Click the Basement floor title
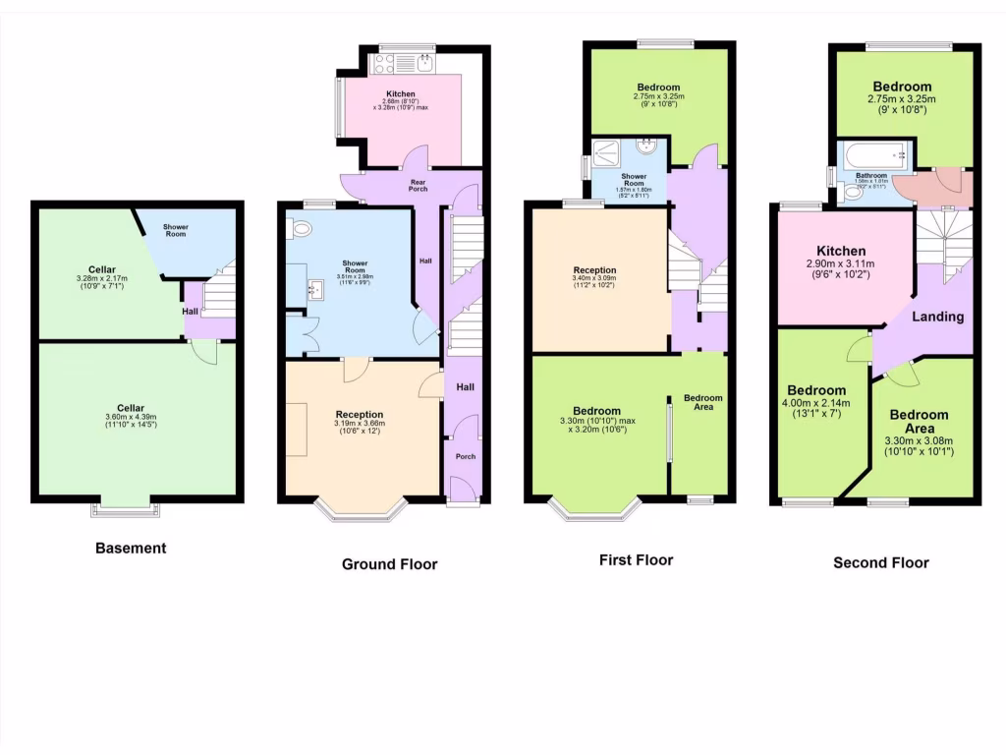tap(131, 548)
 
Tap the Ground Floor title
tap(389, 564)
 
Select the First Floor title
tap(636, 559)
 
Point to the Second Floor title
tap(880, 563)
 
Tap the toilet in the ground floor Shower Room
tap(301, 229)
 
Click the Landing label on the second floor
tap(938, 317)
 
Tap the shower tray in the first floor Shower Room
tap(609, 152)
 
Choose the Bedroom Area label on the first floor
tap(703, 402)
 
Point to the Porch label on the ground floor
tap(464, 456)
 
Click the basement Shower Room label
tap(175, 230)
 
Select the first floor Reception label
tap(595, 270)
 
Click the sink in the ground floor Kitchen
tap(423, 64)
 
